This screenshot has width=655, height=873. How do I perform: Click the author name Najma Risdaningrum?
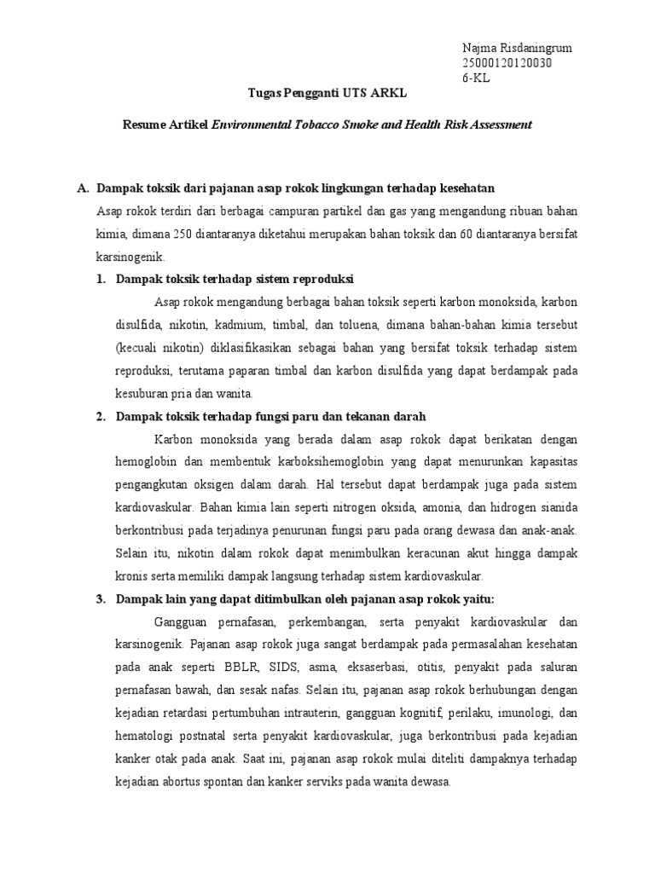(517, 48)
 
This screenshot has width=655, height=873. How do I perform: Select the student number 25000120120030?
(507, 63)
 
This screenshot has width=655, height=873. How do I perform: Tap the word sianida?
(557, 507)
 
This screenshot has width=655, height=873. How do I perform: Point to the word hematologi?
(148, 714)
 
